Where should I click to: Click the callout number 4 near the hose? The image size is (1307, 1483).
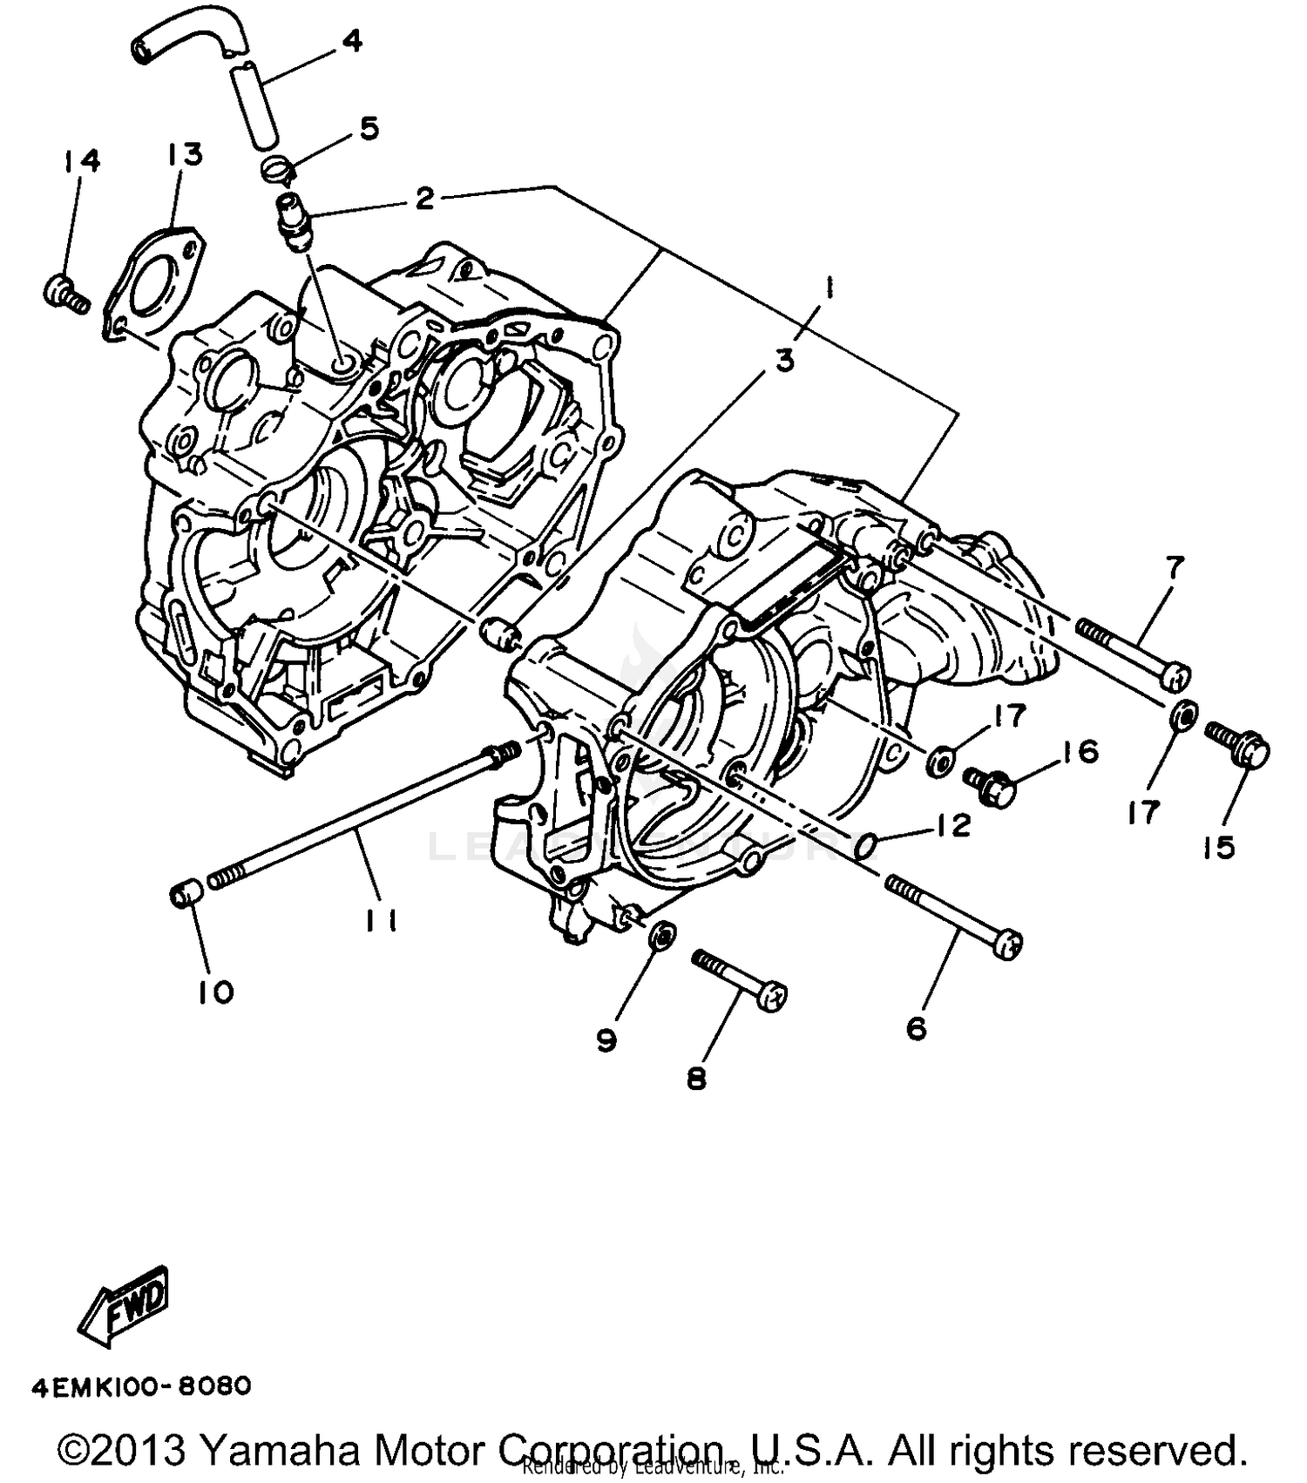click(x=351, y=40)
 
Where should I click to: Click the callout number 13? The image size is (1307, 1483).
click(x=185, y=153)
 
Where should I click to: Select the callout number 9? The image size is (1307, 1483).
click(x=606, y=1039)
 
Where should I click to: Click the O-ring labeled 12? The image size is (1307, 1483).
click(x=864, y=843)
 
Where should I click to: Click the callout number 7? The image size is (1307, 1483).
click(x=1174, y=568)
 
